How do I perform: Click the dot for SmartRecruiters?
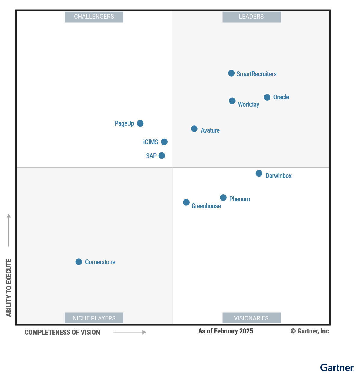point(231,73)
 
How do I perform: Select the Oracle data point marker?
point(267,97)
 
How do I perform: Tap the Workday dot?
point(232,101)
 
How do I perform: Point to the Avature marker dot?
point(194,129)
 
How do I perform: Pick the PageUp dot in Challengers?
point(140,123)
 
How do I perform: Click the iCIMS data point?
point(164,142)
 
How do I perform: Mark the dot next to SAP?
point(162,155)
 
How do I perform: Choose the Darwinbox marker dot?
point(259,173)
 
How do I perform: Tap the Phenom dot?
point(223,198)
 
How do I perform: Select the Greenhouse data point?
point(186,202)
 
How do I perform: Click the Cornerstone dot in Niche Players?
point(79,262)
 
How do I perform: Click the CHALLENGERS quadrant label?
point(94,17)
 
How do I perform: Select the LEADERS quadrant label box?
point(251,17)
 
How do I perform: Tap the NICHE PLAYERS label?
point(94,318)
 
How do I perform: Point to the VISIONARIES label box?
point(251,318)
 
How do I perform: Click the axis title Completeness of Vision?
point(62,332)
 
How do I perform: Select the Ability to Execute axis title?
point(9,288)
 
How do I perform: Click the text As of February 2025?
point(226,331)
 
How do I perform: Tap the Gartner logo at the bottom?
point(337,367)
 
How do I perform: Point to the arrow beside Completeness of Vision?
point(130,332)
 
